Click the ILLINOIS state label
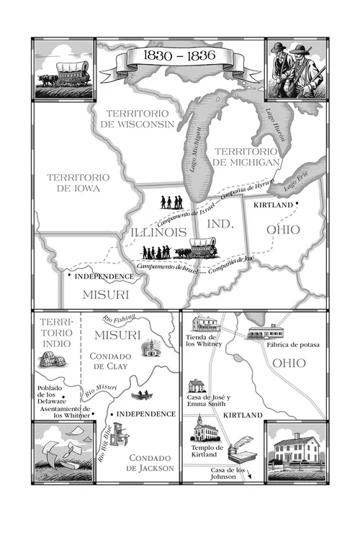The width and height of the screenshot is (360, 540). [x=157, y=233]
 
